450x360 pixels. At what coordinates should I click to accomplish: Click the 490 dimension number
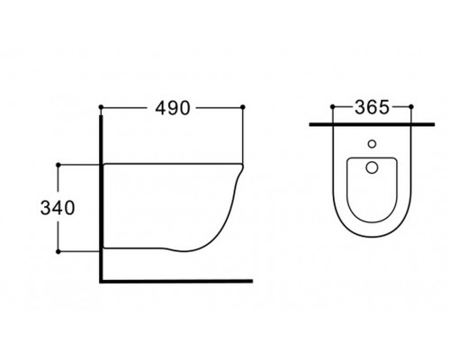point(171,108)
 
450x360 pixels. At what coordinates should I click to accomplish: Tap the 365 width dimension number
point(370,108)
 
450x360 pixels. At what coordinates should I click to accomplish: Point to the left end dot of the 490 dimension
point(101,108)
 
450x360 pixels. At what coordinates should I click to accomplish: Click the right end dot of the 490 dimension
point(244,108)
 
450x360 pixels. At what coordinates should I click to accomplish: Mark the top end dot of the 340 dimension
point(58,165)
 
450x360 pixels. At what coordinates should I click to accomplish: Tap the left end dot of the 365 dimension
point(332,108)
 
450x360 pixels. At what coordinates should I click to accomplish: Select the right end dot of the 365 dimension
point(409,108)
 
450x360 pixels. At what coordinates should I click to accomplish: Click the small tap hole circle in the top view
point(371,143)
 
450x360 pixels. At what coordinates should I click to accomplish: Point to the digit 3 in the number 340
point(42,209)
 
